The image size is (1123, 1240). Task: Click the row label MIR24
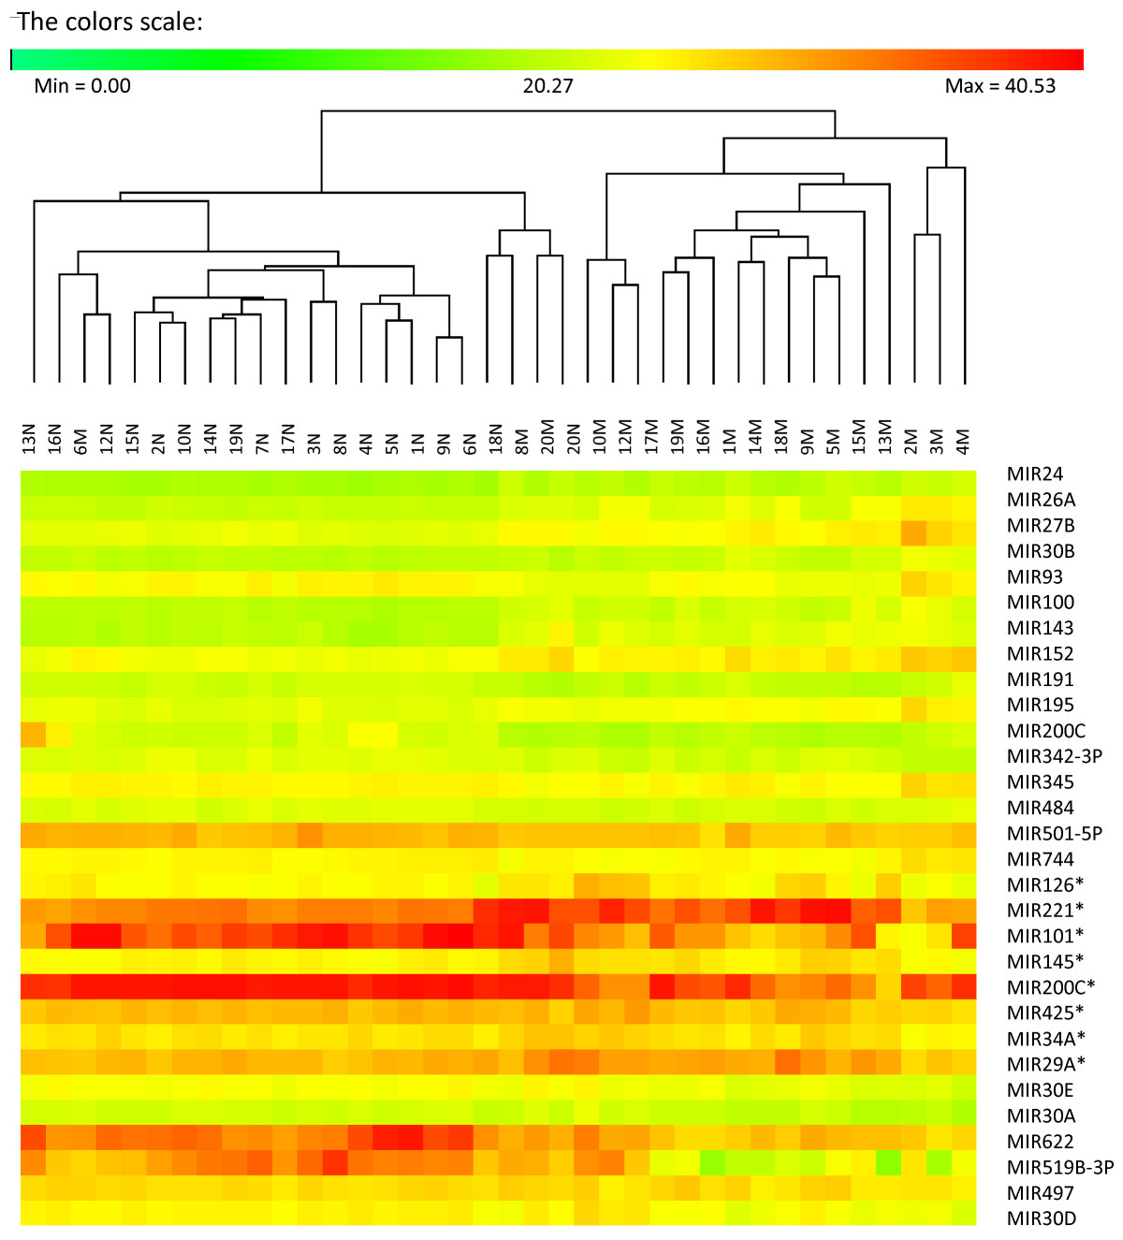(1035, 474)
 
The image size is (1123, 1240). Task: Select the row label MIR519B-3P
(1060, 1167)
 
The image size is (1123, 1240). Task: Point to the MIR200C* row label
(1051, 986)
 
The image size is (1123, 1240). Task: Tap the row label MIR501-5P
(1055, 833)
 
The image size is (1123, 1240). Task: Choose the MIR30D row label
(1042, 1218)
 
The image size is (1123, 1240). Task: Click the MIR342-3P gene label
(1055, 756)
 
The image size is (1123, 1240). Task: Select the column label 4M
(964, 441)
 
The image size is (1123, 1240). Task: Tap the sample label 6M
(81, 441)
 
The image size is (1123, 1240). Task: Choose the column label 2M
(912, 441)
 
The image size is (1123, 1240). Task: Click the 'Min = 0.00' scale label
(82, 86)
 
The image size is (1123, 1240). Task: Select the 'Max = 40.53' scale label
(999, 86)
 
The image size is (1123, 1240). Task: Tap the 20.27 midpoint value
(547, 86)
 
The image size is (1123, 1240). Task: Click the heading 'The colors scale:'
(109, 22)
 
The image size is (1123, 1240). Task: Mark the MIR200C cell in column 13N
(33, 732)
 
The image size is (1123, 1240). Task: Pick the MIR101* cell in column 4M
(964, 936)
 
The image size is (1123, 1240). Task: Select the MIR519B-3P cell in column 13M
(888, 1167)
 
